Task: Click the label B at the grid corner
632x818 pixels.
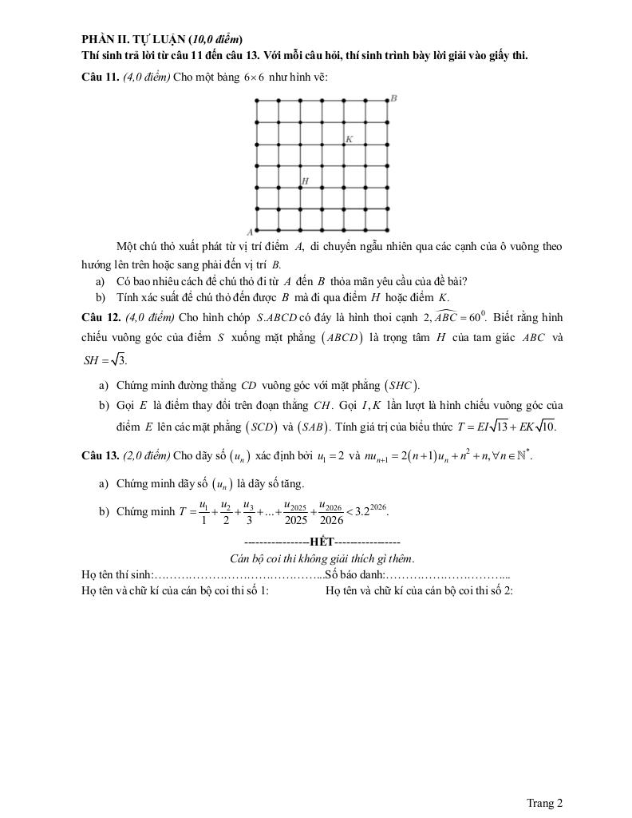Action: (394, 98)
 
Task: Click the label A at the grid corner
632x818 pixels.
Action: (250, 230)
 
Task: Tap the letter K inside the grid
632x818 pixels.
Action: (349, 139)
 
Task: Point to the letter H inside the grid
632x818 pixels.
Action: (305, 181)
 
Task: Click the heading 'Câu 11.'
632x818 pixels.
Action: (101, 77)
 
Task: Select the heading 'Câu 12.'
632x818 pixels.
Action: (101, 316)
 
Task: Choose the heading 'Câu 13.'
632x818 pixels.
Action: (101, 456)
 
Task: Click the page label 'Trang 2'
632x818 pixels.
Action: (545, 803)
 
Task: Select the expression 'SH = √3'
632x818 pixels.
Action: (105, 360)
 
